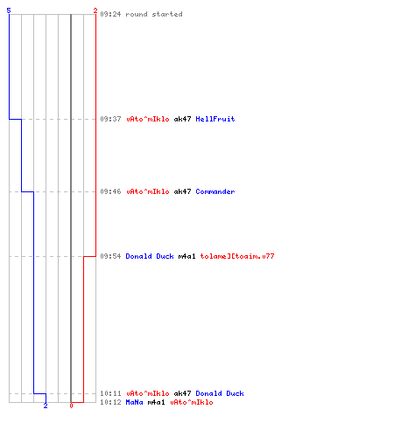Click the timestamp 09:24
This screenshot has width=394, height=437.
click(x=110, y=14)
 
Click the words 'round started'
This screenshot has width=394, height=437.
click(x=154, y=14)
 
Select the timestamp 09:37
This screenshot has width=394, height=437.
click(x=110, y=119)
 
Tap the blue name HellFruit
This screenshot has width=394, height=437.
click(x=215, y=119)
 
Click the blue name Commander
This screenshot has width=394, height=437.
click(x=215, y=191)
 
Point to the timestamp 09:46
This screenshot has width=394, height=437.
click(x=110, y=191)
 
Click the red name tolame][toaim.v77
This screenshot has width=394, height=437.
click(x=237, y=256)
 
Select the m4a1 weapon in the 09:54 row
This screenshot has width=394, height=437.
click(x=186, y=256)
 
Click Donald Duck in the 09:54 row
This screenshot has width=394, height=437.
click(x=150, y=256)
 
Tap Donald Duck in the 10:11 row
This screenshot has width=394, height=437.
click(x=220, y=393)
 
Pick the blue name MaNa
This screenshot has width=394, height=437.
click(x=134, y=402)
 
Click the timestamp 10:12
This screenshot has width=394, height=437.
click(x=110, y=402)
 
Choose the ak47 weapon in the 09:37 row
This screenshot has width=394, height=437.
click(x=182, y=119)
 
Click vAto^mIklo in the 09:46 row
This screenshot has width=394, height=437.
click(x=148, y=191)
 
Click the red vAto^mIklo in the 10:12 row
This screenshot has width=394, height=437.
click(x=192, y=402)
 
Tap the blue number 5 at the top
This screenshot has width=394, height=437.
click(x=9, y=10)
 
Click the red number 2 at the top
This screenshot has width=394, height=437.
click(x=95, y=10)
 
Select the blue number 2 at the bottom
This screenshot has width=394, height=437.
click(x=46, y=406)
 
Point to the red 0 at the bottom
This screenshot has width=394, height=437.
click(x=71, y=406)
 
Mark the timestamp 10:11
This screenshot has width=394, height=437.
click(x=110, y=393)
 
